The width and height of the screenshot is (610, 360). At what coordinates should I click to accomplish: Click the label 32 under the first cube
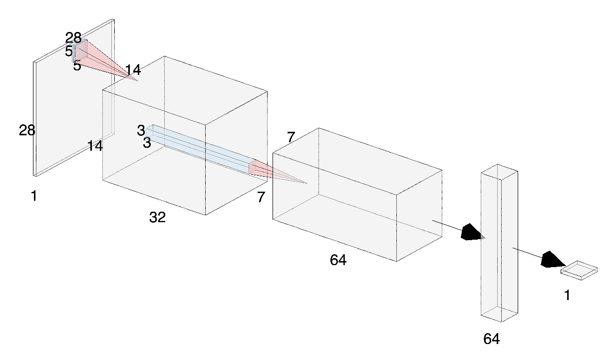click(x=157, y=217)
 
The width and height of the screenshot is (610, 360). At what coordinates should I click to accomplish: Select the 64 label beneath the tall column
click(x=491, y=339)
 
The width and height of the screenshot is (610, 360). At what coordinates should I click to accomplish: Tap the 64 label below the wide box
click(x=338, y=260)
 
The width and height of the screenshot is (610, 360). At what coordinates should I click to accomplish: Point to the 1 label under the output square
click(x=567, y=296)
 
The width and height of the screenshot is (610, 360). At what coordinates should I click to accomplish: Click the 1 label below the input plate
click(x=34, y=196)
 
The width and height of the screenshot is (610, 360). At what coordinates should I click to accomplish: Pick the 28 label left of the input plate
click(x=27, y=131)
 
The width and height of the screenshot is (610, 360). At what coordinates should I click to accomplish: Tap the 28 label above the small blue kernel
click(x=73, y=37)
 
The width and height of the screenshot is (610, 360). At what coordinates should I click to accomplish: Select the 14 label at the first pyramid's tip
click(x=133, y=70)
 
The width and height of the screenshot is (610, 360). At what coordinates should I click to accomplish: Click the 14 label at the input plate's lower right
click(x=95, y=146)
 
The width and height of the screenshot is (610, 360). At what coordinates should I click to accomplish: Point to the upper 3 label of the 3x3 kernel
click(x=141, y=131)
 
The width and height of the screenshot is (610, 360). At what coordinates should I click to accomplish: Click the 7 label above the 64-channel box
click(x=292, y=137)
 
